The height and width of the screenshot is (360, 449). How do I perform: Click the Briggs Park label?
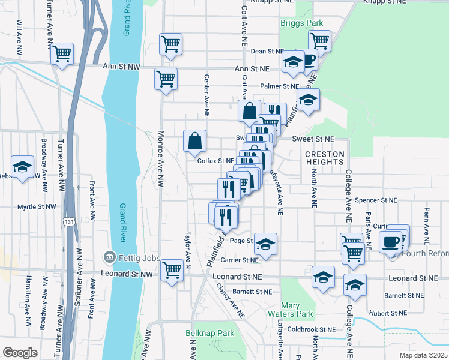(301, 23)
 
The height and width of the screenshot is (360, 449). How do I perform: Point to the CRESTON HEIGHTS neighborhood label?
(325, 158)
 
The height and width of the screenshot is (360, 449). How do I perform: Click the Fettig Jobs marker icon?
(109, 258)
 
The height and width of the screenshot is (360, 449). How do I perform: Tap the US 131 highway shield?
(70, 222)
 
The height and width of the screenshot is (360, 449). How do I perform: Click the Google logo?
(20, 353)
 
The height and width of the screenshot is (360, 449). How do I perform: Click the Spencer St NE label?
(376, 200)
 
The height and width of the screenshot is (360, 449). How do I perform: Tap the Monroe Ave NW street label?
(160, 160)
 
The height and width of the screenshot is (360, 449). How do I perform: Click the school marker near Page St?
(265, 244)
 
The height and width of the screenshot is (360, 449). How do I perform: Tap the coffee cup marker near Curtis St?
(390, 242)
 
